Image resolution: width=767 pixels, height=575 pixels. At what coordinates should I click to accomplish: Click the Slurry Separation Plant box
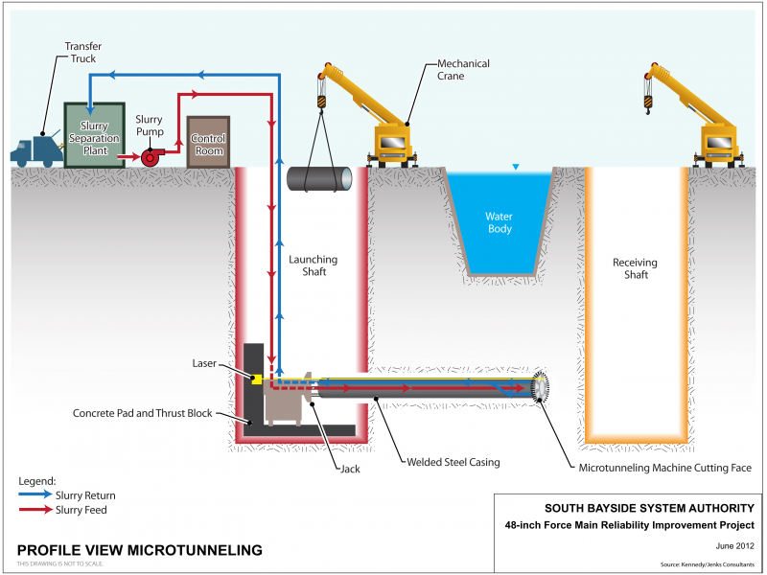coord(94,135)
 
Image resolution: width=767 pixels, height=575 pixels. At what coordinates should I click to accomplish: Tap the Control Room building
coord(208,141)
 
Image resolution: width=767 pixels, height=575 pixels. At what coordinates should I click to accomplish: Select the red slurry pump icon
coord(151,155)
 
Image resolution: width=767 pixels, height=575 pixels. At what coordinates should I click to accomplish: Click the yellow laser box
coord(257,379)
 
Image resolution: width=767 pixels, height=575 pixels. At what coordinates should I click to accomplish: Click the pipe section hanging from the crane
coord(319,179)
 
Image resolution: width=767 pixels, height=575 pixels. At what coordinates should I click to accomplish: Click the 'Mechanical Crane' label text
coord(463,70)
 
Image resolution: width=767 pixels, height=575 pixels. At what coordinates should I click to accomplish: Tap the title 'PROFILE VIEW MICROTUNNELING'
coord(140,550)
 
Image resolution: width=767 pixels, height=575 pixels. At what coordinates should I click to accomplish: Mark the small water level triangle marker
coord(516,167)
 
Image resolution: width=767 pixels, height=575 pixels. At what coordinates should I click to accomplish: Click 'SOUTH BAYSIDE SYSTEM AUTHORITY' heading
coord(649,508)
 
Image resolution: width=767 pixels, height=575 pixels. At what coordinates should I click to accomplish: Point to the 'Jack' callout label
coord(351,469)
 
